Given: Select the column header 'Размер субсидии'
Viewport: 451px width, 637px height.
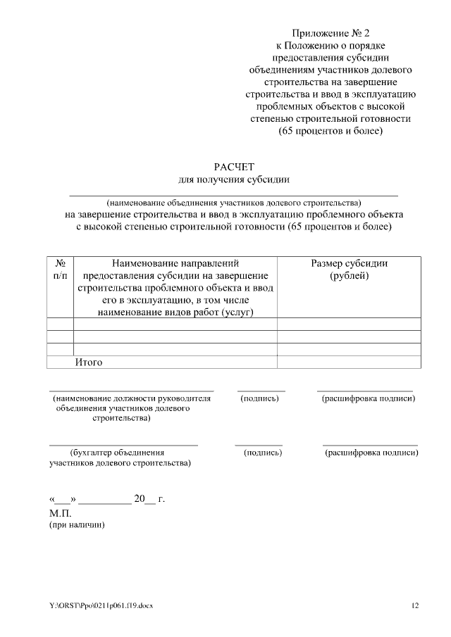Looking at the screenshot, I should [349, 263].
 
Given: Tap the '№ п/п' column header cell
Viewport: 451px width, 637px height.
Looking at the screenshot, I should [60, 270].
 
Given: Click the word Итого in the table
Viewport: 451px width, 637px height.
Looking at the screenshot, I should [89, 362].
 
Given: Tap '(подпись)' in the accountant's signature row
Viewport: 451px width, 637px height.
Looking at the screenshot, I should [262, 453].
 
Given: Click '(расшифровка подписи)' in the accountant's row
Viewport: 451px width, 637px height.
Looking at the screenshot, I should [371, 453].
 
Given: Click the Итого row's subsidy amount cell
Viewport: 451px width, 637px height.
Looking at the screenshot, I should [349, 362].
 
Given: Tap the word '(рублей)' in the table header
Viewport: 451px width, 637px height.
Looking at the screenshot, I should [349, 276].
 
